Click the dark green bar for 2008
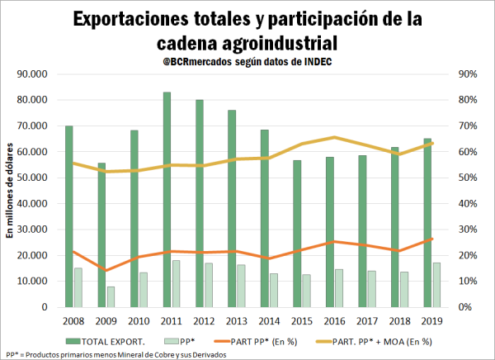click(68, 216)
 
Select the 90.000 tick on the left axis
click(33, 73)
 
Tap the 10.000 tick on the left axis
click(33, 281)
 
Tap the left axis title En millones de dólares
click(12, 190)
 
